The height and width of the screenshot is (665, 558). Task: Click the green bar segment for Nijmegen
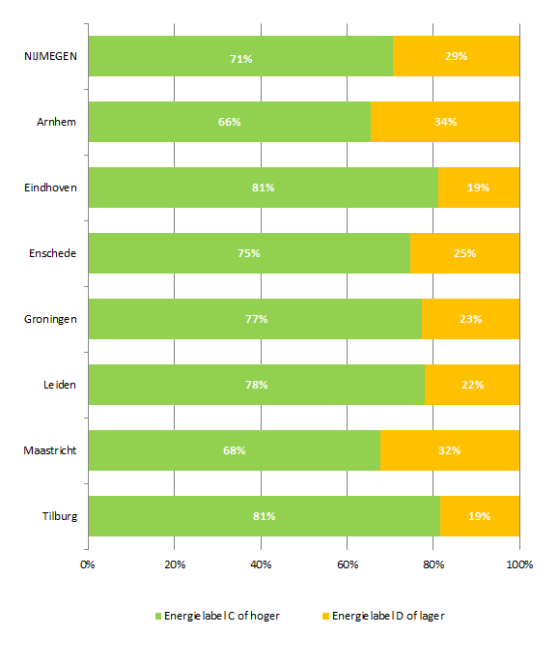coord(240,56)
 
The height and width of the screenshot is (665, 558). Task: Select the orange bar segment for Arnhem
coord(445,122)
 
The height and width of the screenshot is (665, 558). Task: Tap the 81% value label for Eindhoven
coord(264,188)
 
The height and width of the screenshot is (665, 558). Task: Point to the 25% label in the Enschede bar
coord(464,253)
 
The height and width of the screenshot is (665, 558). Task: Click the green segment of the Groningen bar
coord(255,319)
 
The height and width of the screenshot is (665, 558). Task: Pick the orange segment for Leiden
coord(472,385)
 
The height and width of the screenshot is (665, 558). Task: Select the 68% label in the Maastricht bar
coord(235,450)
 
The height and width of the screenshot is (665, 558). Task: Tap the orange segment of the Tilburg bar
coord(480,516)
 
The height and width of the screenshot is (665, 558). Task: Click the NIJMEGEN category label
coord(50,56)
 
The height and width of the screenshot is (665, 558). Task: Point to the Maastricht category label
coord(50,450)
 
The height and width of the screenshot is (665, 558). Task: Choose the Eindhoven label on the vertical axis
coord(50,188)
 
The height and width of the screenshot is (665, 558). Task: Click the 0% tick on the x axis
coord(87,564)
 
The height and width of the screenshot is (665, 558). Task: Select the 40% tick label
coord(261,564)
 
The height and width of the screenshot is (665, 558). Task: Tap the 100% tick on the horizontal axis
coord(519,564)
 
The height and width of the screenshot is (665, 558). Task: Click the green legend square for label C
coord(158,617)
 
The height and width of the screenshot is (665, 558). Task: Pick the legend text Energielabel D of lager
coord(388,616)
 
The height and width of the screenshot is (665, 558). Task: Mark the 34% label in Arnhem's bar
coord(445,122)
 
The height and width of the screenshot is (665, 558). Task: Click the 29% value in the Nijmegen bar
coord(456,56)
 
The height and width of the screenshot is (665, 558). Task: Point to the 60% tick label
coord(348,564)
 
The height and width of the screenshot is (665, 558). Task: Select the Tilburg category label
coord(60,516)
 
